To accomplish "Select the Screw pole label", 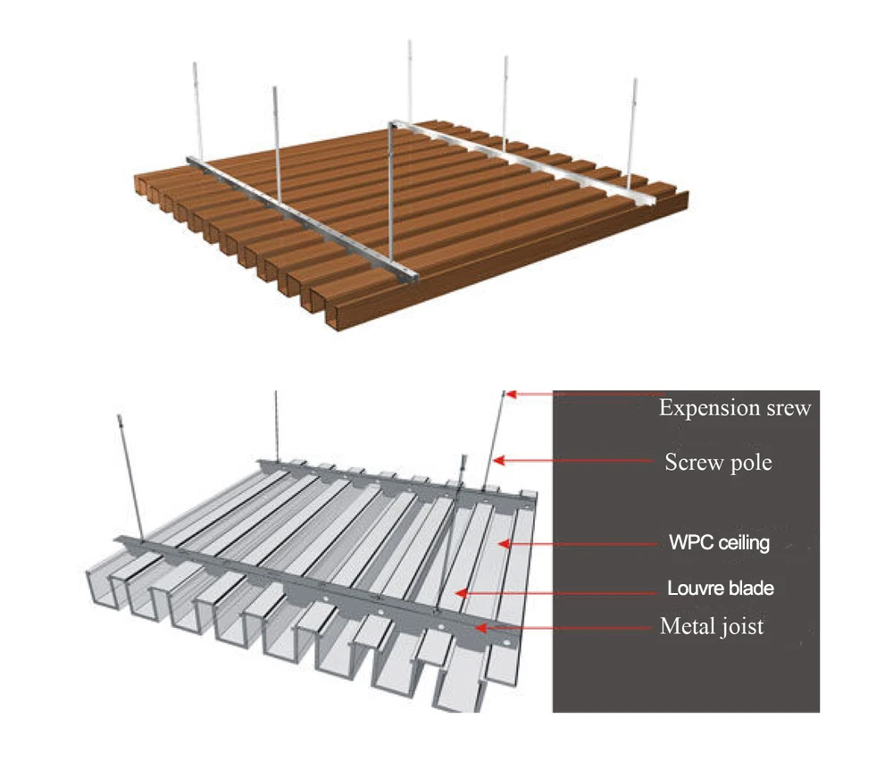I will (718, 464).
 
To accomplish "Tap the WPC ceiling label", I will (719, 542).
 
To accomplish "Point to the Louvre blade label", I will (720, 589).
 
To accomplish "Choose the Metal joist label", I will (712, 627).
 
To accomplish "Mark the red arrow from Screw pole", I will (572, 461).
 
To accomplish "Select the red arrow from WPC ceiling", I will (580, 542).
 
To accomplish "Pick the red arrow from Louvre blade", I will (554, 590).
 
